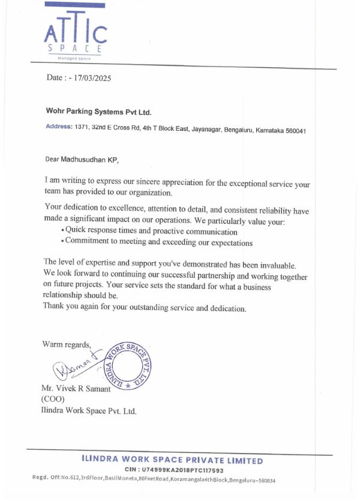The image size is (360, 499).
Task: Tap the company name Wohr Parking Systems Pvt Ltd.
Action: point(99,112)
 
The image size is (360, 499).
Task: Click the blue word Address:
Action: point(59,127)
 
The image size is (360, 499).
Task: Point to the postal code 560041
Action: point(295,130)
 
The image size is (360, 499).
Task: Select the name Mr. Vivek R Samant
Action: point(76,389)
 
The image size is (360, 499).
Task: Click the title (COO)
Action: point(52,399)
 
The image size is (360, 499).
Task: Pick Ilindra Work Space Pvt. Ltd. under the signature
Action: point(89,411)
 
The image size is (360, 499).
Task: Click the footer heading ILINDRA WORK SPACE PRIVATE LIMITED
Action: point(172,461)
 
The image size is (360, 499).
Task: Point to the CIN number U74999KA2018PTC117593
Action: point(182,470)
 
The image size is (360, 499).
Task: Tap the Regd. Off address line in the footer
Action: point(154,480)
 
